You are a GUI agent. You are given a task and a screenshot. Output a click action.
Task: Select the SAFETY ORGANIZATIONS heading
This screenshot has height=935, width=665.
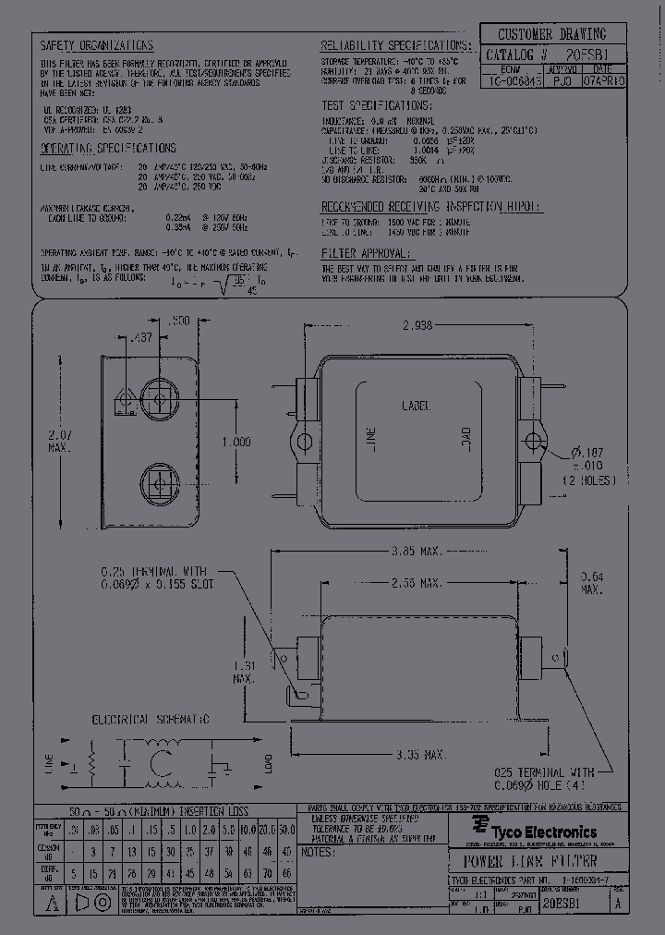point(96,45)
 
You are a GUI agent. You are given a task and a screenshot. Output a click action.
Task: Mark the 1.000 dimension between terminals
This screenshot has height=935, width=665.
point(236,443)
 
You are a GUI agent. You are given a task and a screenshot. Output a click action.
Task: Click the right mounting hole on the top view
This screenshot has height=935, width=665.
point(532,438)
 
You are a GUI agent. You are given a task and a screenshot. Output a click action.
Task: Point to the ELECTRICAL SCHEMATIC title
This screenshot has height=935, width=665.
point(150,719)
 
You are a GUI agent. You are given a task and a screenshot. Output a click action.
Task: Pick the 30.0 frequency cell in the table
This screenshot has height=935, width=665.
point(286,829)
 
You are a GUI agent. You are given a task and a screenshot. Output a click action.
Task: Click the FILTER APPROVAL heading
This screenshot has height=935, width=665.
point(365,252)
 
